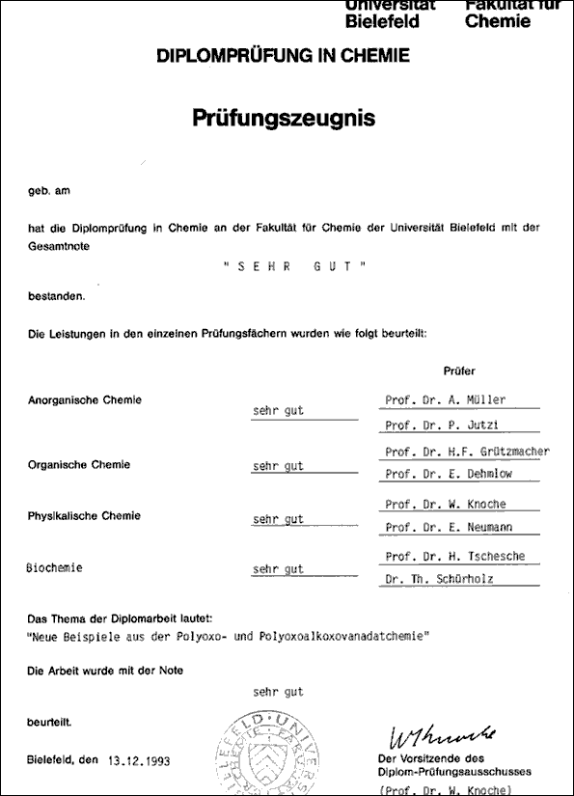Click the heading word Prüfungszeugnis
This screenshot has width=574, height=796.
[x=283, y=118]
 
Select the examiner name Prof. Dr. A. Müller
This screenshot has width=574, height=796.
[x=445, y=400]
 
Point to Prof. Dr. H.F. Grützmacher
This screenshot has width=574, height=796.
[x=467, y=452]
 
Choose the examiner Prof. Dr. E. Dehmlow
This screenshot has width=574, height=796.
[x=451, y=475]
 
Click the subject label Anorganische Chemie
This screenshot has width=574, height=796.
[x=85, y=400]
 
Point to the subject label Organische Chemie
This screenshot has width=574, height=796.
[x=79, y=465]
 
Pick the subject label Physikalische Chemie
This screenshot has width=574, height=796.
[x=84, y=516]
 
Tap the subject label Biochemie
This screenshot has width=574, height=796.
[x=54, y=568]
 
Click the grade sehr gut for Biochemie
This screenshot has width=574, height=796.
[x=278, y=569]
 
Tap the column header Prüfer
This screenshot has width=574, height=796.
[x=459, y=371]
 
